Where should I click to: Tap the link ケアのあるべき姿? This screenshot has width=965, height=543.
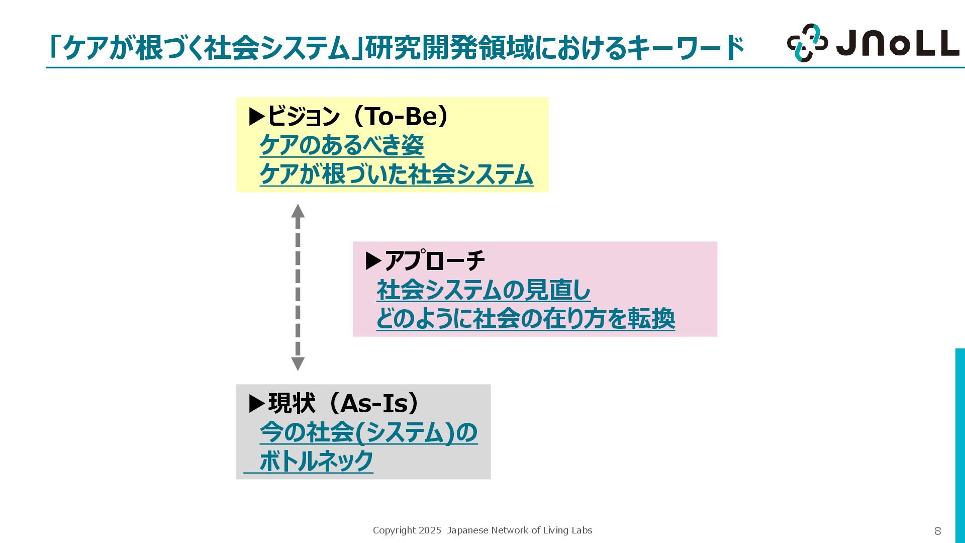pos(342,145)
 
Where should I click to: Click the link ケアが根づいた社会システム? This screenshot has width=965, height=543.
pos(396,174)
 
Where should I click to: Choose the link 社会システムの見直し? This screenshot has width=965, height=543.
pos(484,290)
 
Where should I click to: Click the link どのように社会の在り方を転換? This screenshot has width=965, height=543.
pos(525,319)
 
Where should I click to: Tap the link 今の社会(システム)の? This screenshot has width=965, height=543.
pos(368,432)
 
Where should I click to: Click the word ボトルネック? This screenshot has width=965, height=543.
pos(316,461)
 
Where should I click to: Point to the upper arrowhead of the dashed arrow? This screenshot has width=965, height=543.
pos(298,211)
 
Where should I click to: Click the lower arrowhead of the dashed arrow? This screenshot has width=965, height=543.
pos(298,364)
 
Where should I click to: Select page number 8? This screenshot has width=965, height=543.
pos(937,531)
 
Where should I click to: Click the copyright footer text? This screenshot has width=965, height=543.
pos(482,530)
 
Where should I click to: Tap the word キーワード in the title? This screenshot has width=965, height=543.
pos(686,48)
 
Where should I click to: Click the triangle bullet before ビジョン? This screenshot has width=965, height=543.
pos(257,117)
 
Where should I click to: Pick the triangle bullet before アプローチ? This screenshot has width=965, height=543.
pos(373,261)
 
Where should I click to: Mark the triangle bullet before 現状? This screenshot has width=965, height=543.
pos(257,404)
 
